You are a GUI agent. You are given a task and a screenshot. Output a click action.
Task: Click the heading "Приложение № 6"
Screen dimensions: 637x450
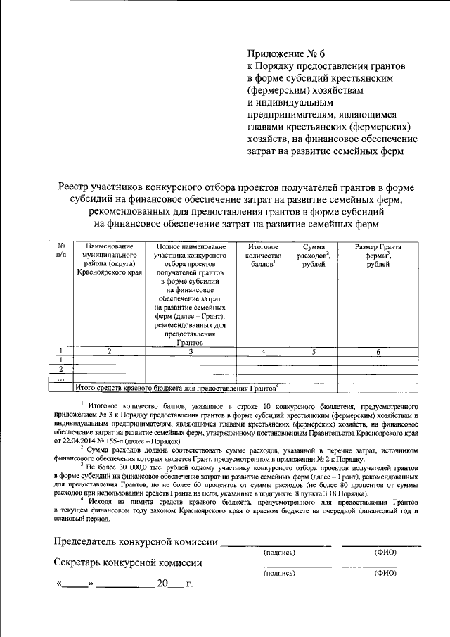coord(286,53)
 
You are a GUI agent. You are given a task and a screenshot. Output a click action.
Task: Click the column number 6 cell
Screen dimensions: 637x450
coord(378,351)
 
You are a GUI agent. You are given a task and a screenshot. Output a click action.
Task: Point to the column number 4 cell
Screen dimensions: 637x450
coord(263,351)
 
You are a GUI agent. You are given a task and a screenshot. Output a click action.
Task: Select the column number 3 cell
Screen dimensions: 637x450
coord(190,351)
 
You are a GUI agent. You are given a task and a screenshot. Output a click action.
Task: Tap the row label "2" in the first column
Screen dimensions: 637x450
coord(61,369)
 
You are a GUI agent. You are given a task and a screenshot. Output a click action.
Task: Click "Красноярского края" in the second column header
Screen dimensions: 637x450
coord(109,272)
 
